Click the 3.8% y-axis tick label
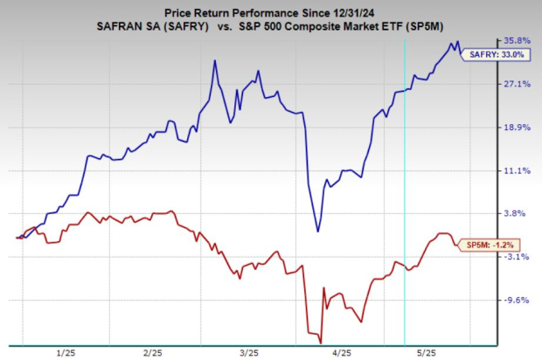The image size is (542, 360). point(517,213)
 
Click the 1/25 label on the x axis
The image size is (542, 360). point(66,353)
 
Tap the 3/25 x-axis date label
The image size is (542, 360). point(248,353)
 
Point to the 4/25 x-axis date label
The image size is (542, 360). point(342,353)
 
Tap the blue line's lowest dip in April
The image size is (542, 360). point(318,231)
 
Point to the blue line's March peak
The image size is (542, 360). point(215,61)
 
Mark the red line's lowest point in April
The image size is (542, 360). point(310,332)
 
